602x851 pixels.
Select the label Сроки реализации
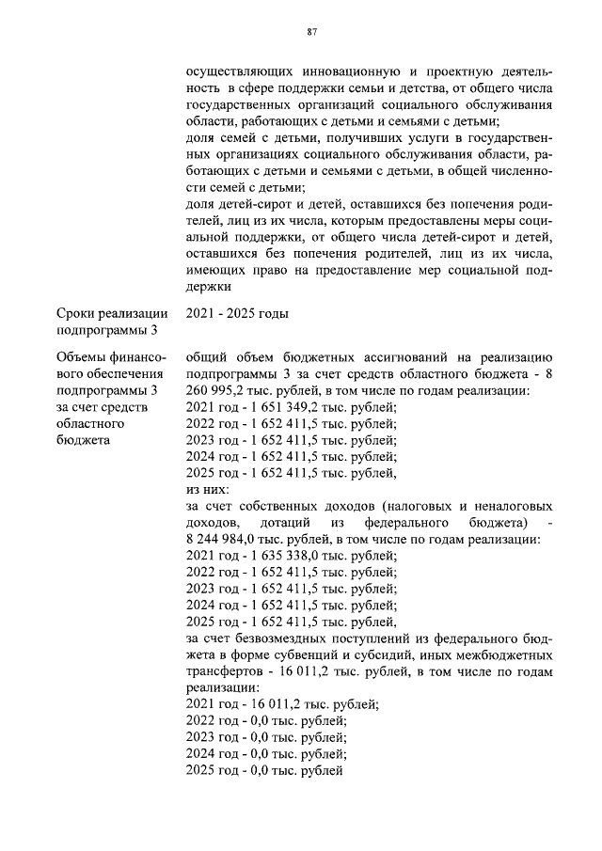(x=112, y=313)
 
